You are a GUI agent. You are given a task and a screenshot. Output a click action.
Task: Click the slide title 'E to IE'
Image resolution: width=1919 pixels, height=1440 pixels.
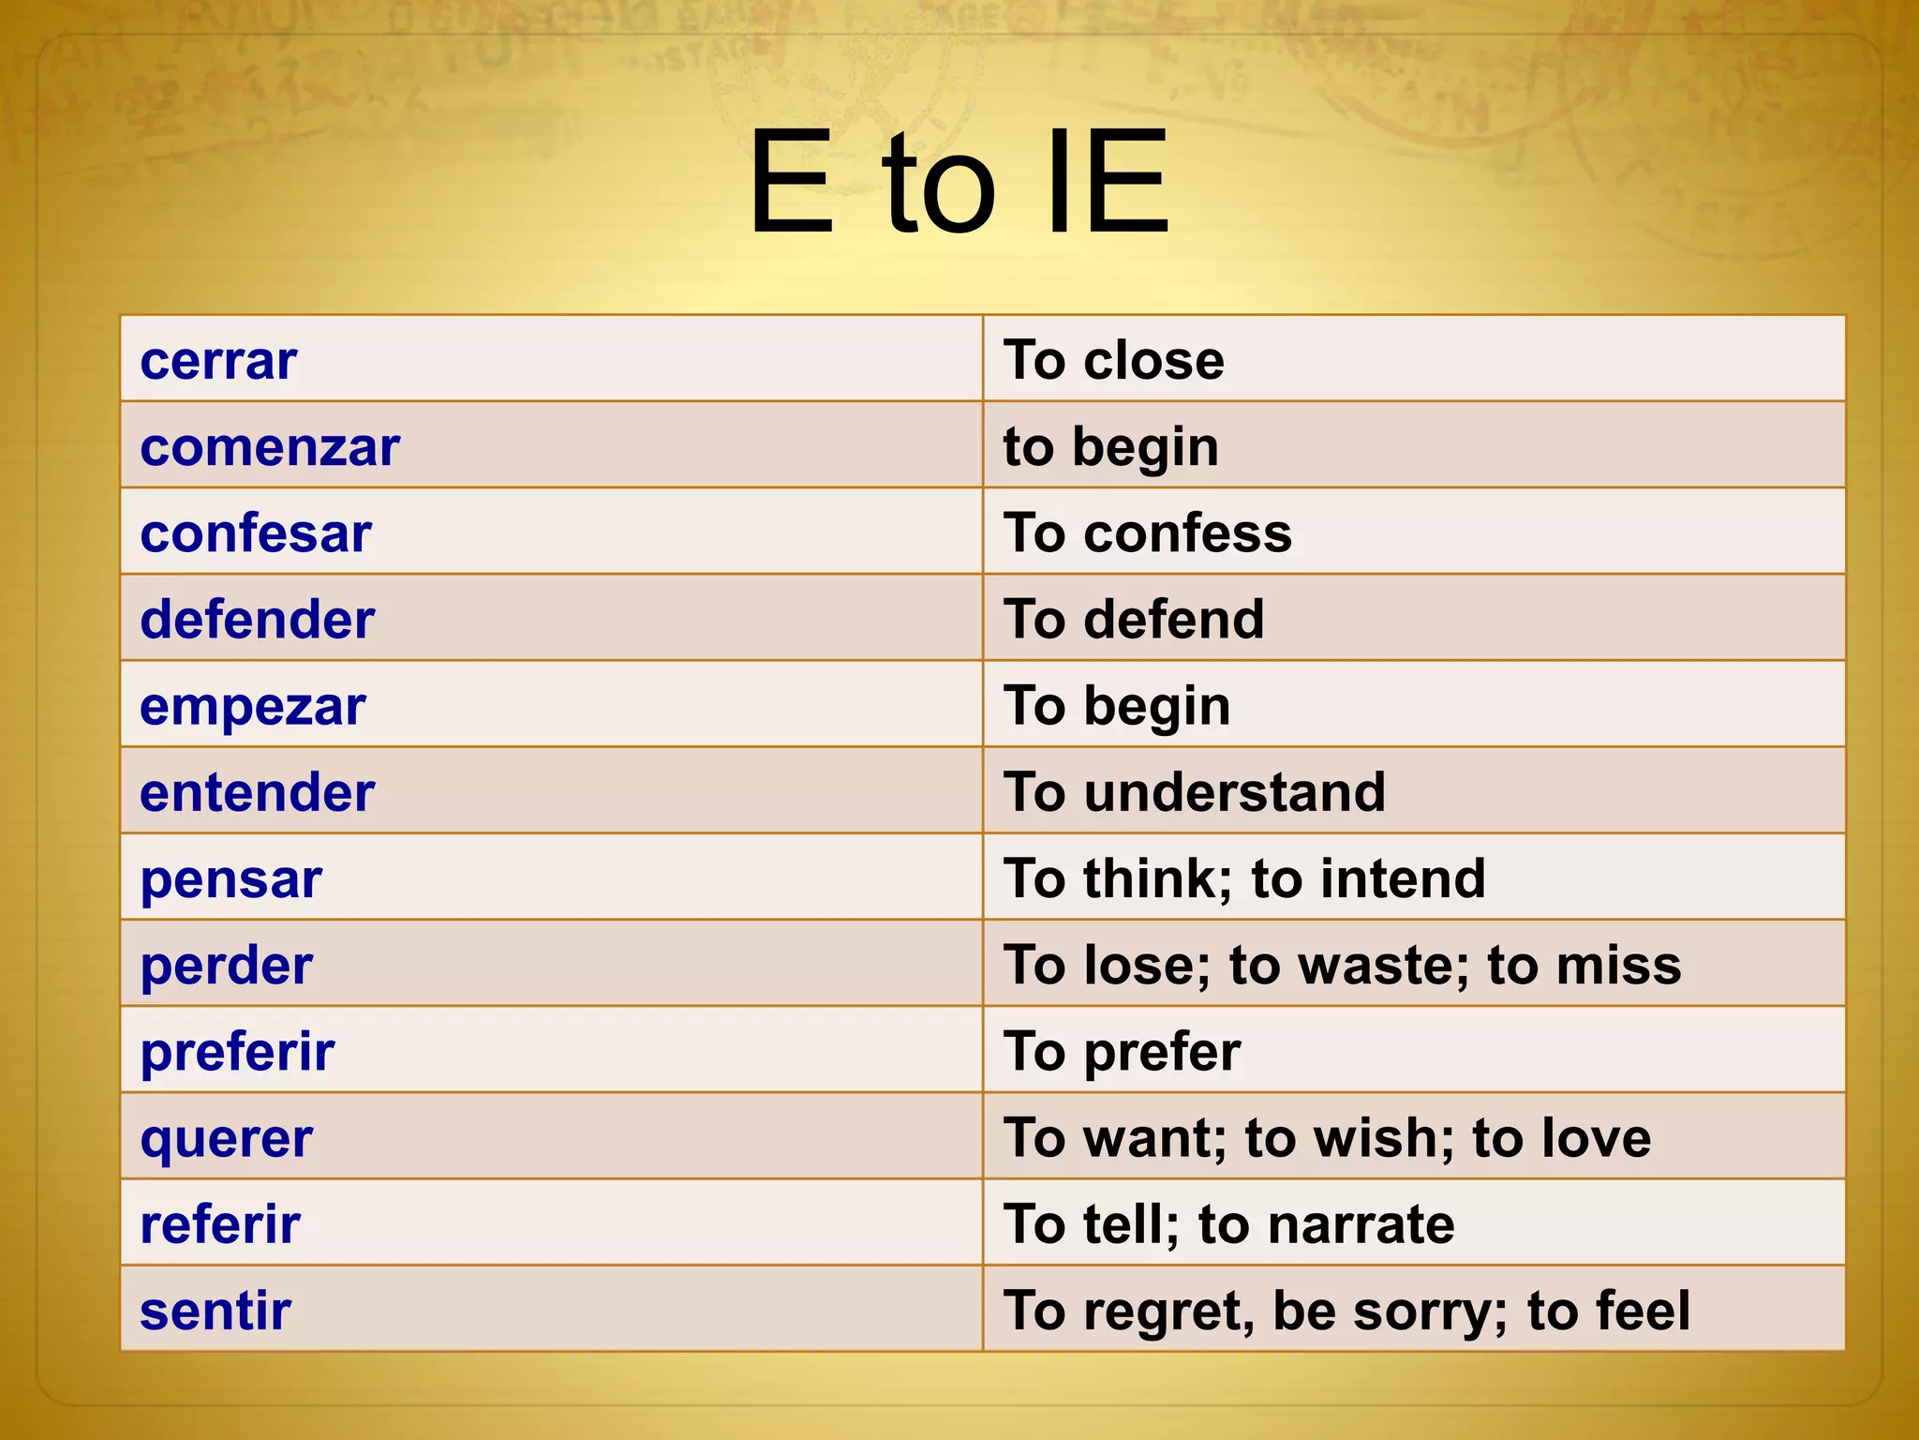[958, 183]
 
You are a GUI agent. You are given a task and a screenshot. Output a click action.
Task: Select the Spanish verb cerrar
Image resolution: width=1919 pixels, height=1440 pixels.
[218, 361]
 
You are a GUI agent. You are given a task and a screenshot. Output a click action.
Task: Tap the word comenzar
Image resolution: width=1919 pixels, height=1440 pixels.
[270, 447]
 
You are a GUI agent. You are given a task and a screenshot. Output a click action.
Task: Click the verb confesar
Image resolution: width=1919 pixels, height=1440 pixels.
[256, 533]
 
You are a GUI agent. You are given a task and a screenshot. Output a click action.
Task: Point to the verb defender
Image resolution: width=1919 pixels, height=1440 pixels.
[258, 620]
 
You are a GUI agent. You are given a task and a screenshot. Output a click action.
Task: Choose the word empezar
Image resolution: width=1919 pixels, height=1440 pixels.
[253, 707]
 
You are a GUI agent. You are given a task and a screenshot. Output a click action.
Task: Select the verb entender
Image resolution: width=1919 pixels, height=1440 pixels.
[258, 793]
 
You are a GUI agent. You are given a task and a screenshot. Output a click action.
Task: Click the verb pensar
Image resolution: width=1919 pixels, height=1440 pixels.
[231, 879]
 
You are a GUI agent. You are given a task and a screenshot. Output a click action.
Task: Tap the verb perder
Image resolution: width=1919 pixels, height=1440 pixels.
[227, 966]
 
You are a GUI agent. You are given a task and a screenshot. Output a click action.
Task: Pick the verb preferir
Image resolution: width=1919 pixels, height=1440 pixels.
[237, 1052]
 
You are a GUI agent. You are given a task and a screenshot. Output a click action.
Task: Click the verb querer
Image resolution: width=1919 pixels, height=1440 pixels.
[227, 1139]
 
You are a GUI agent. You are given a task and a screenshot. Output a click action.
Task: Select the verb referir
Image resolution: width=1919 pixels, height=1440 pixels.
[220, 1225]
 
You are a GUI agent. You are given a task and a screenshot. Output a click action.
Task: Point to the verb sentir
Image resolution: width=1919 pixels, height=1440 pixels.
[216, 1311]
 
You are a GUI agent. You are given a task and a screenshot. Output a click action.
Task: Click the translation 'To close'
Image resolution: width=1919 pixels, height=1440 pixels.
[1113, 361]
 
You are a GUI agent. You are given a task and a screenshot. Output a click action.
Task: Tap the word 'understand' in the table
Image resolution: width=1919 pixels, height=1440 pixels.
[1235, 793]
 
